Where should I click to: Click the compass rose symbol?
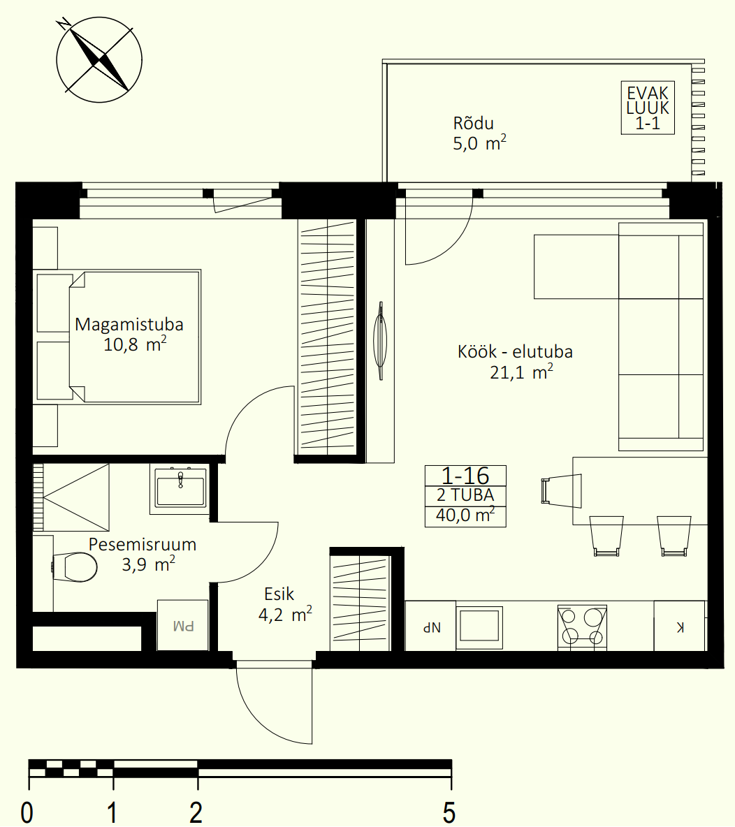99,59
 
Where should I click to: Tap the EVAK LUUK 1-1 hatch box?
648,108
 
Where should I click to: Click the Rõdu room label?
473,124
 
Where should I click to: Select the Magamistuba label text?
129,324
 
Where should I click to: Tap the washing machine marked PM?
182,625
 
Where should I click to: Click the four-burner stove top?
582,627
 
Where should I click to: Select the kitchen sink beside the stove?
479,627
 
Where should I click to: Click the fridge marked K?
680,626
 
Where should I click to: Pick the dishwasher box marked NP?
430,626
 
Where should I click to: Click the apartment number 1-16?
465,476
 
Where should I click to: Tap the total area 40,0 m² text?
465,515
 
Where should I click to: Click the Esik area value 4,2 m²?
285,614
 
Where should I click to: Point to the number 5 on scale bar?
449,812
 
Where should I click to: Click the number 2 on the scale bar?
196,812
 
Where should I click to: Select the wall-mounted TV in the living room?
381,340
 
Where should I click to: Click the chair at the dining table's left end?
562,490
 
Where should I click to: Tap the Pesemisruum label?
143,544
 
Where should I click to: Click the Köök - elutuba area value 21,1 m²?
521,372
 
